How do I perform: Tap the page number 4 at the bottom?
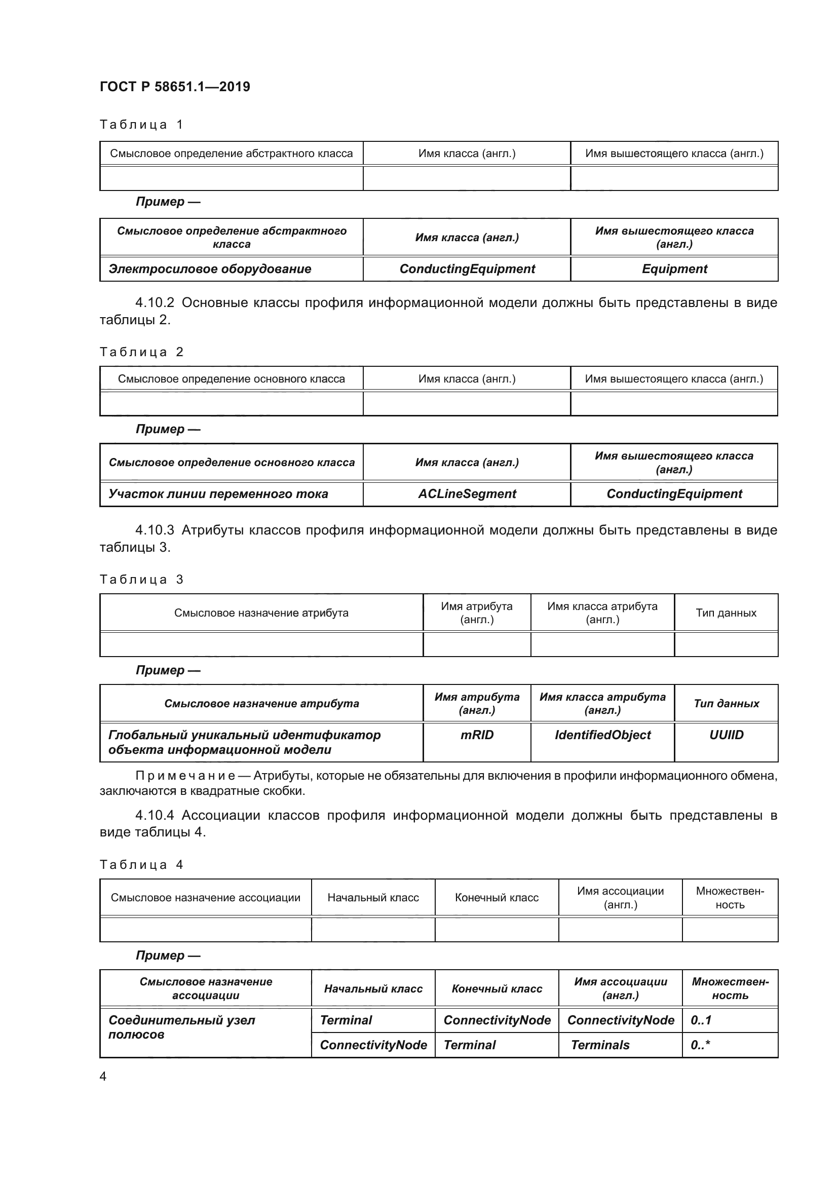[103, 1076]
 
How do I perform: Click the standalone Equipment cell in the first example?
[674, 269]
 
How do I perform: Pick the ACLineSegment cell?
[467, 494]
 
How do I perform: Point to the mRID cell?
[477, 735]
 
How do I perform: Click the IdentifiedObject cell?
[602, 735]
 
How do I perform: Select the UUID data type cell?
[726, 735]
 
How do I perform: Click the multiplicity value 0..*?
[700, 1045]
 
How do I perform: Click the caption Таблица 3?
[141, 580]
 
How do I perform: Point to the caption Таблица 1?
[141, 125]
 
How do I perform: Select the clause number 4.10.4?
[155, 815]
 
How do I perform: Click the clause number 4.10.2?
[155, 302]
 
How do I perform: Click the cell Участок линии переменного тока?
[218, 494]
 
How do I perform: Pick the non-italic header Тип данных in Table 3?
[726, 613]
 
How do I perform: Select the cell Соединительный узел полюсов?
[182, 1027]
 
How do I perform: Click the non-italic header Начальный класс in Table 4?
[372, 898]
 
